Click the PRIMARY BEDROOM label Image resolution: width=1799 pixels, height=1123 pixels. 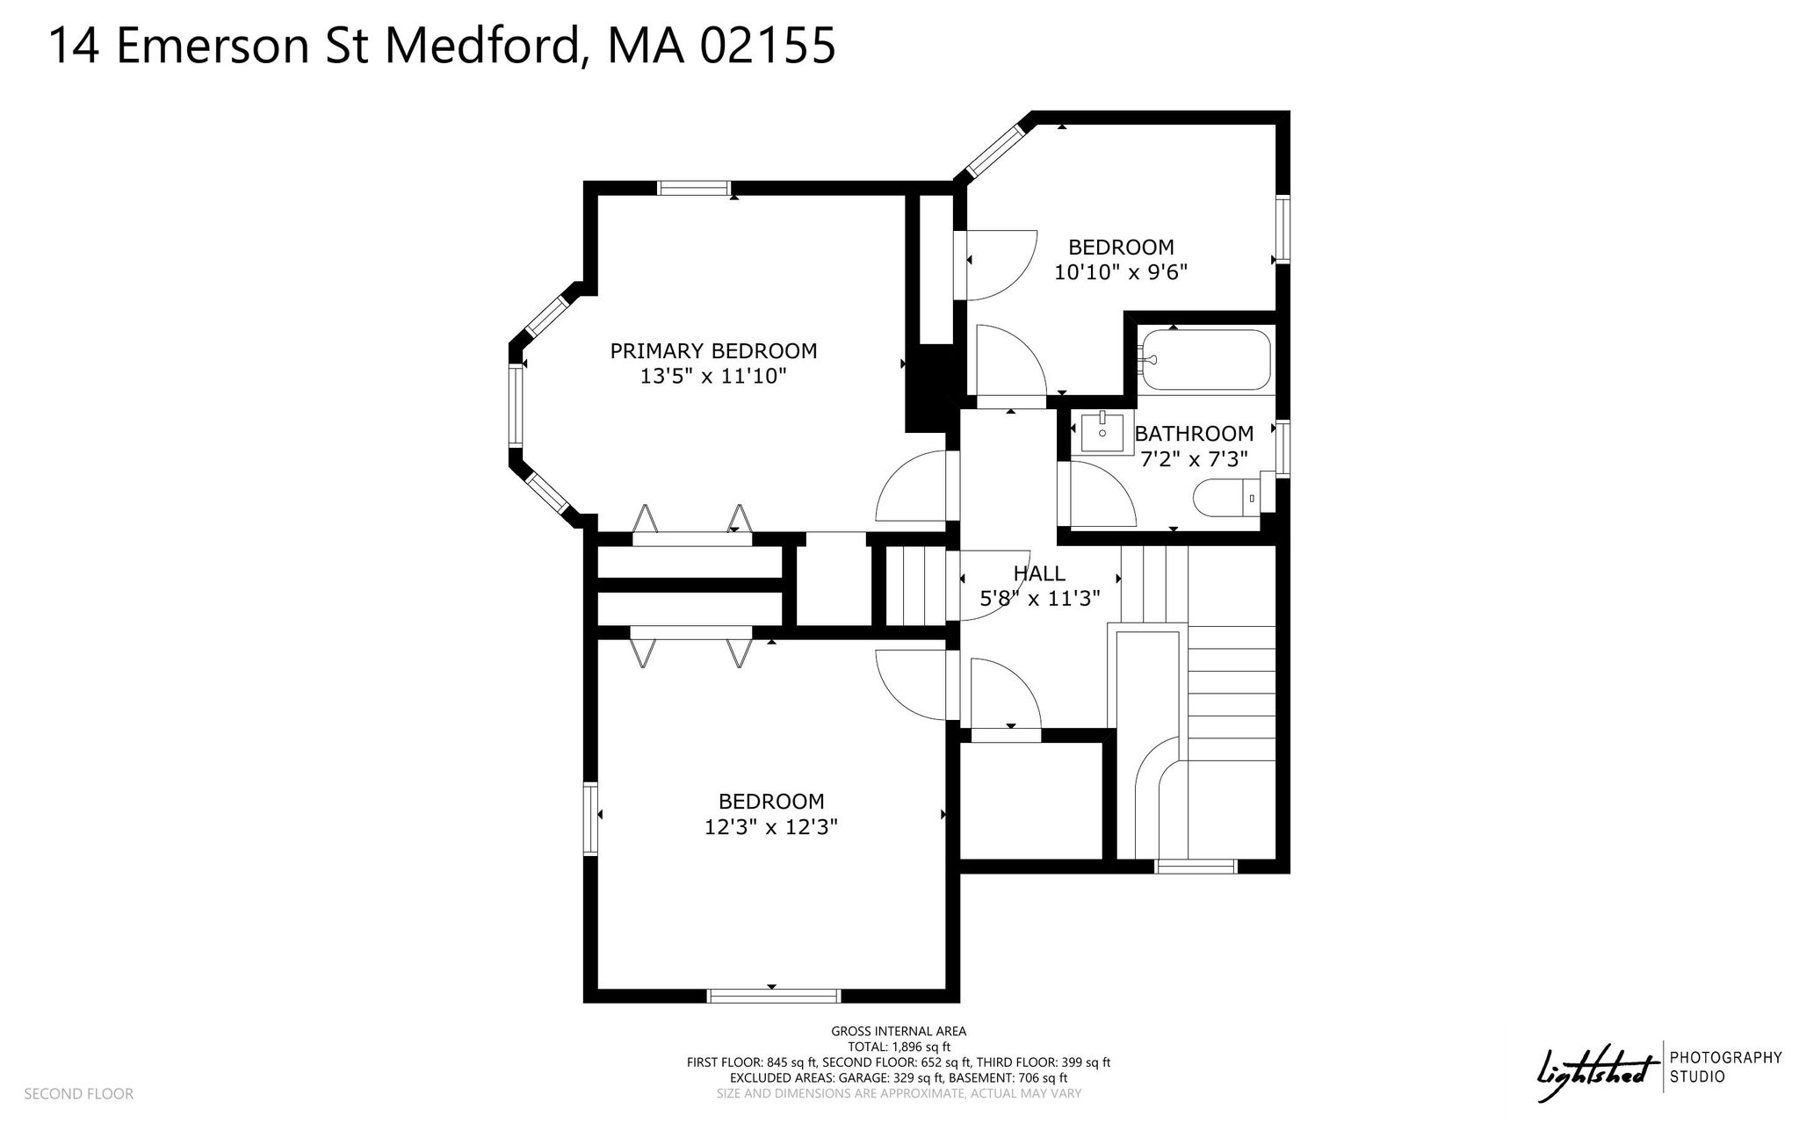pyautogui.click(x=713, y=351)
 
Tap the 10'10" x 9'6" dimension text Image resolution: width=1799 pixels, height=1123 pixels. pyautogui.click(x=1121, y=272)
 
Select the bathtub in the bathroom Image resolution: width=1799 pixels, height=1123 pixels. pyautogui.click(x=1205, y=359)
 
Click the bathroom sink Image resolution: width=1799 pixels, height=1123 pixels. pyautogui.click(x=1102, y=431)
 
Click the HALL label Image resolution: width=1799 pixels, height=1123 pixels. pyautogui.click(x=1039, y=573)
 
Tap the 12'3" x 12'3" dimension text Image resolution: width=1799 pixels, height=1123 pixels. pyautogui.click(x=771, y=827)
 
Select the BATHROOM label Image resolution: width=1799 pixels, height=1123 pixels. pyautogui.click(x=1194, y=433)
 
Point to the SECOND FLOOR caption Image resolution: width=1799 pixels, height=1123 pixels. pyautogui.click(x=79, y=1094)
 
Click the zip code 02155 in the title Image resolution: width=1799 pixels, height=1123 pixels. pyautogui.click(x=766, y=46)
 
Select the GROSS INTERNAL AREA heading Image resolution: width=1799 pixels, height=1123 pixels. pyautogui.click(x=899, y=1032)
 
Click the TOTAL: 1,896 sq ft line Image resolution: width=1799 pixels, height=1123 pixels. pyautogui.click(x=899, y=1047)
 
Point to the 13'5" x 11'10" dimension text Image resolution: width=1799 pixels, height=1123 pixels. pyautogui.click(x=713, y=377)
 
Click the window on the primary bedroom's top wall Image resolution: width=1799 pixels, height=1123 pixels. pyautogui.click(x=694, y=188)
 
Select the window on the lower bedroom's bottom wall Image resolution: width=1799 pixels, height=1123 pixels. pyautogui.click(x=774, y=996)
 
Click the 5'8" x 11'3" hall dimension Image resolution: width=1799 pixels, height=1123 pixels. pyautogui.click(x=1039, y=599)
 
